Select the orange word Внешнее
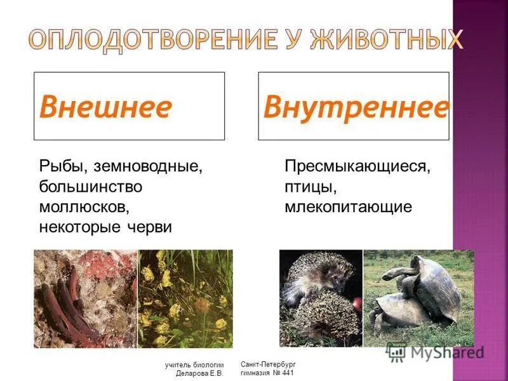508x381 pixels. (x=105, y=107)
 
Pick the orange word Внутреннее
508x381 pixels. (x=356, y=107)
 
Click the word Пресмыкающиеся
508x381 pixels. (x=358, y=168)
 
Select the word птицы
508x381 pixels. (x=309, y=187)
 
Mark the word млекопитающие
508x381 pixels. (x=349, y=207)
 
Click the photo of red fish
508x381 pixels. (x=85, y=298)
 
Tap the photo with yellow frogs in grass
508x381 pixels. (x=185, y=298)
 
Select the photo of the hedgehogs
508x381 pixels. (x=321, y=298)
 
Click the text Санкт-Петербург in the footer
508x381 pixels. (x=269, y=364)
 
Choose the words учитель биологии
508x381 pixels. (x=194, y=365)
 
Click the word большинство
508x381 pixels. (x=90, y=187)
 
